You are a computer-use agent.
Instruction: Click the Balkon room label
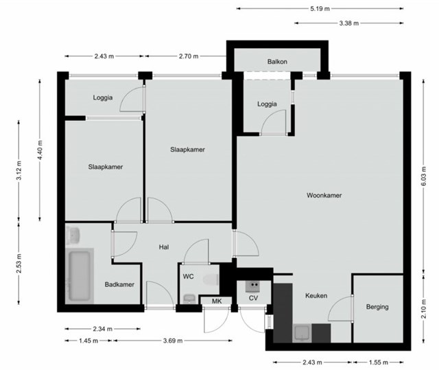pos(277,62)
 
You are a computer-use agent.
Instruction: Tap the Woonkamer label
pos(324,195)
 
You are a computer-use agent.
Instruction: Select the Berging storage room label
pos(377,307)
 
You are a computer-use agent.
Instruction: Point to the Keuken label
pos(316,295)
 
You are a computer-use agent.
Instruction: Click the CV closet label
pos(253,298)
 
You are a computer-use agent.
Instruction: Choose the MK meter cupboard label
pos(217,301)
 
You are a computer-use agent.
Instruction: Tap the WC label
pos(188,277)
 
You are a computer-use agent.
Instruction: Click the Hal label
pos(164,247)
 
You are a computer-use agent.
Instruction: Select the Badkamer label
pos(119,285)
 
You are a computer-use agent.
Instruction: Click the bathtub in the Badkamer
pos(80,275)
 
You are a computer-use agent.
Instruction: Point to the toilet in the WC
pos(211,280)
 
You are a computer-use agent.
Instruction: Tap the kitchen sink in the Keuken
pos(302,333)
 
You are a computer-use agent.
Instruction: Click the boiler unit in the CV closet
pos(252,286)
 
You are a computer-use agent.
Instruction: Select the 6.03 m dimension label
pos(423,176)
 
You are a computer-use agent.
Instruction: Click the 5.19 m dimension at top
pos(320,9)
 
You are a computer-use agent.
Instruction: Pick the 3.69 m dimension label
pos(173,340)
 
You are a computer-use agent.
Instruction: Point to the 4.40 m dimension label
pos(40,150)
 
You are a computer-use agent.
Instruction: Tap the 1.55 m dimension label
pos(378,362)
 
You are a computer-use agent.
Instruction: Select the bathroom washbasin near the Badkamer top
pos(73,235)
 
